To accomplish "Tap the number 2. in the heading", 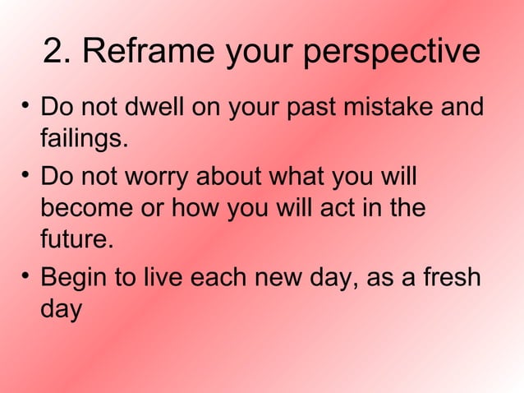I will [x=58, y=52].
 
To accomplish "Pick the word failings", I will [x=85, y=139].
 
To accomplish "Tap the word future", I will [x=74, y=241].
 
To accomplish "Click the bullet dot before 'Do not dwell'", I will [x=26, y=105].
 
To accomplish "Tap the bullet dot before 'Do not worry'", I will [x=26, y=173].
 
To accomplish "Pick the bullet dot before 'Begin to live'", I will [x=26, y=274].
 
